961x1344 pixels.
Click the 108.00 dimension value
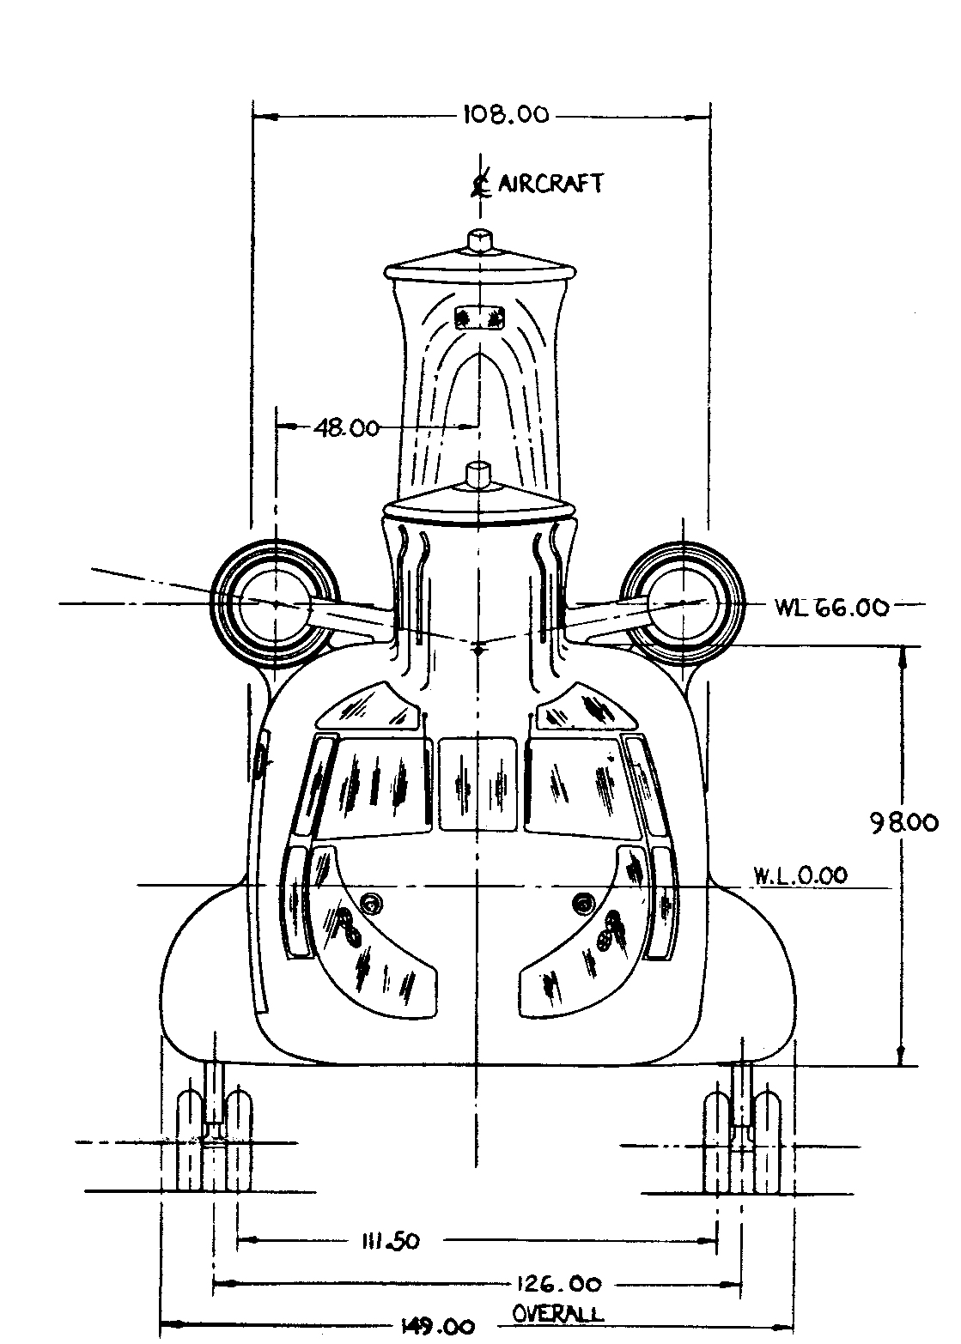click(505, 115)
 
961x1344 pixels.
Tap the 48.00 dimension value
click(346, 427)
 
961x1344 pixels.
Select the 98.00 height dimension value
click(903, 823)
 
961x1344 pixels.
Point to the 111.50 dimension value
click(386, 1241)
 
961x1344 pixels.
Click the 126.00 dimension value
click(558, 1285)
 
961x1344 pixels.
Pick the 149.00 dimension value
click(436, 1327)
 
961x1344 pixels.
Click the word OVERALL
click(557, 1313)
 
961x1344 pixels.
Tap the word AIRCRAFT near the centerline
click(550, 183)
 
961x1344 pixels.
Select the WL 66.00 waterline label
click(830, 607)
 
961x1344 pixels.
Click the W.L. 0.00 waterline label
click(800, 875)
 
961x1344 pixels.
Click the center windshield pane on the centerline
click(477, 784)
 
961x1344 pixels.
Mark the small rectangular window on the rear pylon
click(478, 317)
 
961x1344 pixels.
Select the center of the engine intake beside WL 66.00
click(680, 602)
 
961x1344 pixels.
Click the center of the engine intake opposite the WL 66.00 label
click(275, 602)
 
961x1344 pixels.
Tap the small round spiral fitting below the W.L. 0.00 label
click(583, 903)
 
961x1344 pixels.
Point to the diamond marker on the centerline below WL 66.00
click(478, 650)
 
